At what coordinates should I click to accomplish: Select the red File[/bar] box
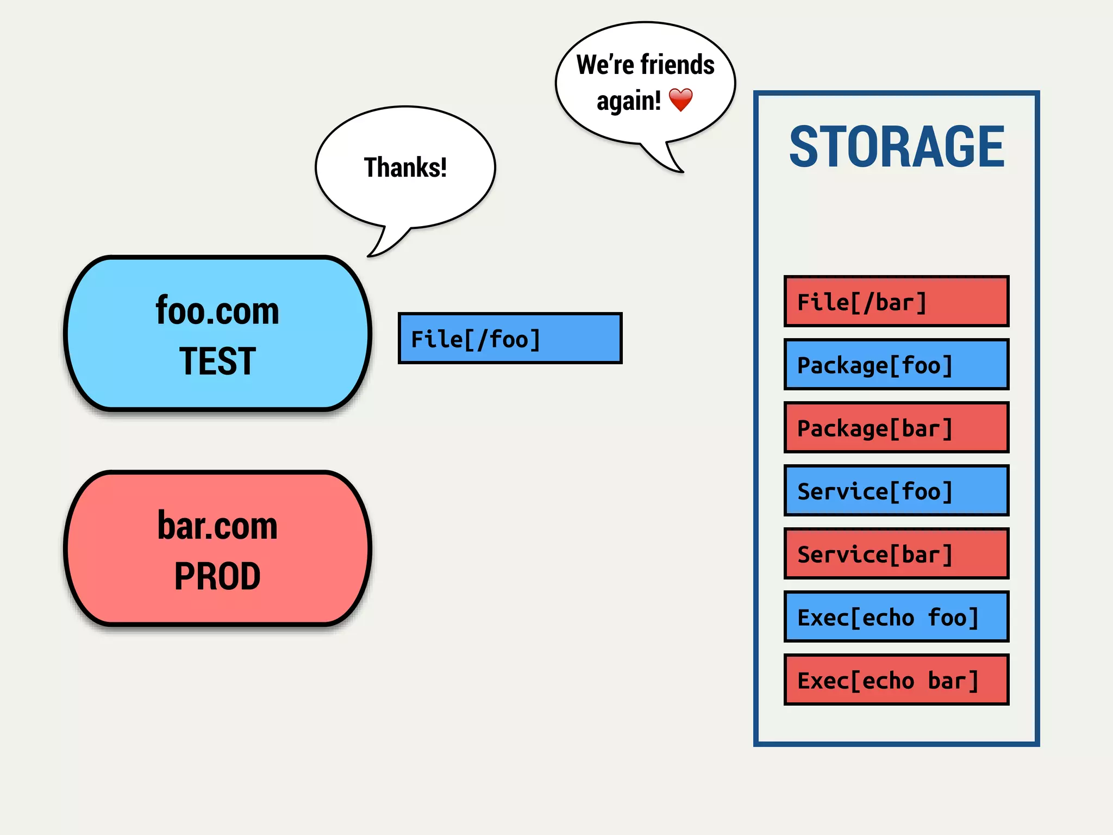896,301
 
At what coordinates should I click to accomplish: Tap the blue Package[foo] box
896,364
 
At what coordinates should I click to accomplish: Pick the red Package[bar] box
896,427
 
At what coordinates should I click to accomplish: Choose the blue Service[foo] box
896,490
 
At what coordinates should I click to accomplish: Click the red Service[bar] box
896,553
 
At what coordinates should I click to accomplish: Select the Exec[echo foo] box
896,616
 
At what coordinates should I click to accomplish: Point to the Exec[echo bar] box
896,680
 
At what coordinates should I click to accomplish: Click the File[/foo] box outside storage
510,338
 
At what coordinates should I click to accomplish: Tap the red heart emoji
680,100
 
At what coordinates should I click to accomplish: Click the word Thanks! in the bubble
405,167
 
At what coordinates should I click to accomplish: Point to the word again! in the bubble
629,101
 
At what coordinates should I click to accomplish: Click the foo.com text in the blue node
217,311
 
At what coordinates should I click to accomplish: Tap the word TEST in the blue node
217,361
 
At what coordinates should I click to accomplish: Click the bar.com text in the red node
217,526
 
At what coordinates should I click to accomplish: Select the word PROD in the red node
217,576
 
